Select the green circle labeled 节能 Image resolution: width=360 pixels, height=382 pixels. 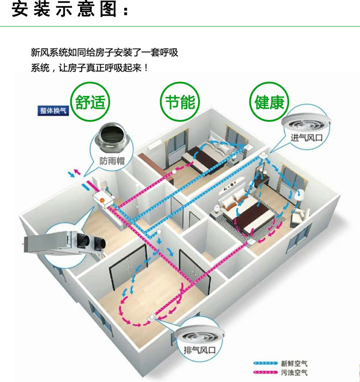pos(180,103)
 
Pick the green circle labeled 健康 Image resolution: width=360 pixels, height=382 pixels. pos(269,103)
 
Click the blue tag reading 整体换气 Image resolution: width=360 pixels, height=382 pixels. pos(54,111)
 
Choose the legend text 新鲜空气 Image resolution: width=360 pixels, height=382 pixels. pos(294,363)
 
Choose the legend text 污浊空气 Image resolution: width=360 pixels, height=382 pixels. pos(294,373)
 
